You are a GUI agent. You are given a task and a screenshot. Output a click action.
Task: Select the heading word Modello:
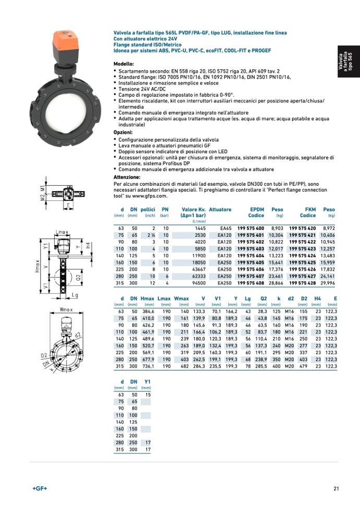(x=123, y=64)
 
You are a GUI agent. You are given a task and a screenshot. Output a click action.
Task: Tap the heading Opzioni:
(x=123, y=133)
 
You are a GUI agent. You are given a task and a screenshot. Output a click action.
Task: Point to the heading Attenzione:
(x=127, y=177)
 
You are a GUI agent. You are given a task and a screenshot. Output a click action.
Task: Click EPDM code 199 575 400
(x=251, y=229)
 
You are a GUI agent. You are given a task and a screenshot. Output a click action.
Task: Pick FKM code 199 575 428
(x=302, y=283)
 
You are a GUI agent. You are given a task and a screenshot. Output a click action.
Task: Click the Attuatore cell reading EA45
(x=226, y=229)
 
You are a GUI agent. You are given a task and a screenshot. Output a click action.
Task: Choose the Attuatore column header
(x=220, y=209)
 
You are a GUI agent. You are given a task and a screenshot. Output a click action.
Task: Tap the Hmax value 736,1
(x=148, y=366)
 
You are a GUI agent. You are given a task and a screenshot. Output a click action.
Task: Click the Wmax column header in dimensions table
(x=181, y=298)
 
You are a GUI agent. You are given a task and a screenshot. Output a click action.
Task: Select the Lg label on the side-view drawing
(x=75, y=295)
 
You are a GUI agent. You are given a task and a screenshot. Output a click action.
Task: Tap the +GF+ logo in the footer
(x=39, y=488)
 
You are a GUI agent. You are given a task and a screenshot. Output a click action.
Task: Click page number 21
(x=337, y=488)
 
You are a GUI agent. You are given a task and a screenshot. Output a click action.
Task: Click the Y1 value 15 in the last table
(x=148, y=395)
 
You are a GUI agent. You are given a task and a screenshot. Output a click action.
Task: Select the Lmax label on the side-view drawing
(x=61, y=232)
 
